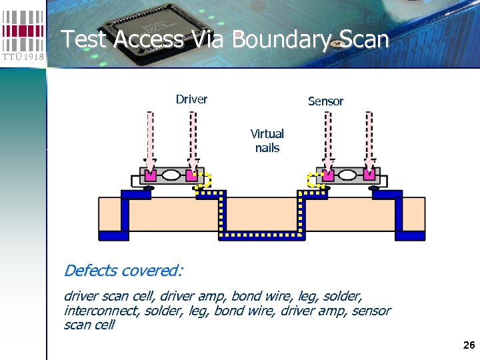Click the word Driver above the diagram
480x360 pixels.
pos(191,99)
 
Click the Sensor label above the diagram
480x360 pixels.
pos(325,101)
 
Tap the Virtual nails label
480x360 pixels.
pos(267,141)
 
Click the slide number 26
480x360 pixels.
pos(468,345)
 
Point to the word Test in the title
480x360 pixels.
pos(85,39)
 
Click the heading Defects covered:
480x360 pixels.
pos(123,271)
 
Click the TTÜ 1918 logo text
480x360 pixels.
pos(23,57)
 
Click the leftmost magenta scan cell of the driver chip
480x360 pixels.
pos(150,176)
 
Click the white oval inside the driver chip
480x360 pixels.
pos(171,176)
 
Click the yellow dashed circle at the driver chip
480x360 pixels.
pos(203,180)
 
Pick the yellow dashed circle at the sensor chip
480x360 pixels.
pos(315,180)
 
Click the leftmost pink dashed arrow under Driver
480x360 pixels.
pos(150,140)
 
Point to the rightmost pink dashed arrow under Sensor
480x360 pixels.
pos(368,140)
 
